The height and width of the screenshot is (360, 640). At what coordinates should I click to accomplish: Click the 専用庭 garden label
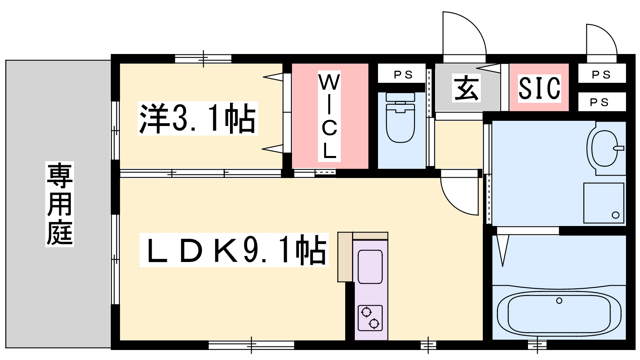click(60, 204)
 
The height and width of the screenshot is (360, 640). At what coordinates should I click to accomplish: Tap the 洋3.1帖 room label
click(198, 118)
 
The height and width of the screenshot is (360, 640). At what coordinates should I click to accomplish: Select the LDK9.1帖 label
click(234, 250)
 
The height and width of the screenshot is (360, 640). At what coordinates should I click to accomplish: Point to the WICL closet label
click(330, 116)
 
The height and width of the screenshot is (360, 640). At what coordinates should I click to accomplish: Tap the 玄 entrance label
click(466, 88)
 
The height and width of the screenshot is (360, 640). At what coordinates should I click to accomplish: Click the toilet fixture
click(400, 117)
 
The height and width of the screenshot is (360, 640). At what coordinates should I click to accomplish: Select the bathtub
click(559, 313)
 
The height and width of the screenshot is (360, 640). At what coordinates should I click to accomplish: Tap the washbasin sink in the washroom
click(604, 148)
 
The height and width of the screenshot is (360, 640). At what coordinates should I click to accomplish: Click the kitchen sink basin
click(370, 267)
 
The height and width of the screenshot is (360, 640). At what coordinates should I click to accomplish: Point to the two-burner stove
click(370, 318)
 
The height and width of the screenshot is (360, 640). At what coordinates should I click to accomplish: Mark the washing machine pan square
click(604, 203)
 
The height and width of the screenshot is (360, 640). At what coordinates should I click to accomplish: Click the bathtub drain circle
click(559, 300)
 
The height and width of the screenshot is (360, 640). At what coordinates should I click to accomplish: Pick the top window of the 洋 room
click(203, 59)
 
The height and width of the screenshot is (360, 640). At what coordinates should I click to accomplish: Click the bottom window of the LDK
click(252, 345)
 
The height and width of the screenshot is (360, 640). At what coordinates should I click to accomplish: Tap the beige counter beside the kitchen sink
click(345, 257)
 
